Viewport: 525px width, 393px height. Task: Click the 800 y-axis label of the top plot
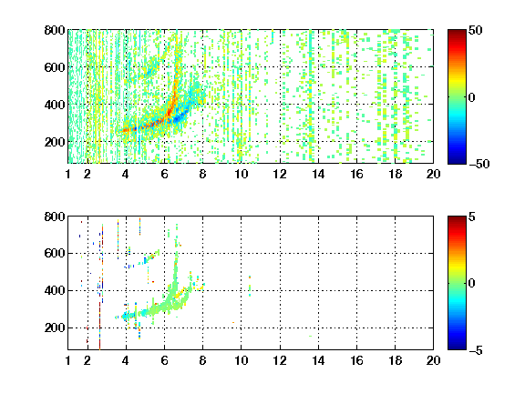point(55,30)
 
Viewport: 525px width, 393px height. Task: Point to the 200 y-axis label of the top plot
point(55,142)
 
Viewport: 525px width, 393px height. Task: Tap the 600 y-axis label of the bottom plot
point(55,253)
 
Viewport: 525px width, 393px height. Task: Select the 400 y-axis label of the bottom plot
point(55,290)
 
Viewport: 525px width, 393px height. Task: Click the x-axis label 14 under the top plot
point(318,174)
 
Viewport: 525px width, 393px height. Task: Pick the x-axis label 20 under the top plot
point(433,174)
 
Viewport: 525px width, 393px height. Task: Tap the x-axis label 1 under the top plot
point(68,174)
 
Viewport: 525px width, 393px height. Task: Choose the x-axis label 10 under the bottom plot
point(241,360)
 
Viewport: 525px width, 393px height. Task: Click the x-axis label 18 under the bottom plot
point(395,360)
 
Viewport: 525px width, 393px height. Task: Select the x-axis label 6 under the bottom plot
point(164,360)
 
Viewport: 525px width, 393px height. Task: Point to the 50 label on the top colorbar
point(476,30)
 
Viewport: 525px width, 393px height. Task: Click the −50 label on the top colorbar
point(479,164)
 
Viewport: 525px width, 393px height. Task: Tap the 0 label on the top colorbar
point(472,97)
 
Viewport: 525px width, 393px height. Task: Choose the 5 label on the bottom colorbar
point(472,217)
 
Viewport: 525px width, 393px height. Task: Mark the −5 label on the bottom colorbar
point(475,350)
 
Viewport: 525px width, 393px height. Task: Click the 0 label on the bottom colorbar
point(472,284)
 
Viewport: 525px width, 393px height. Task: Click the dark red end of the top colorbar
point(457,32)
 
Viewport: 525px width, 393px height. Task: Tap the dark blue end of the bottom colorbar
point(457,348)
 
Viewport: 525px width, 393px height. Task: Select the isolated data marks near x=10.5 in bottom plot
point(250,286)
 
